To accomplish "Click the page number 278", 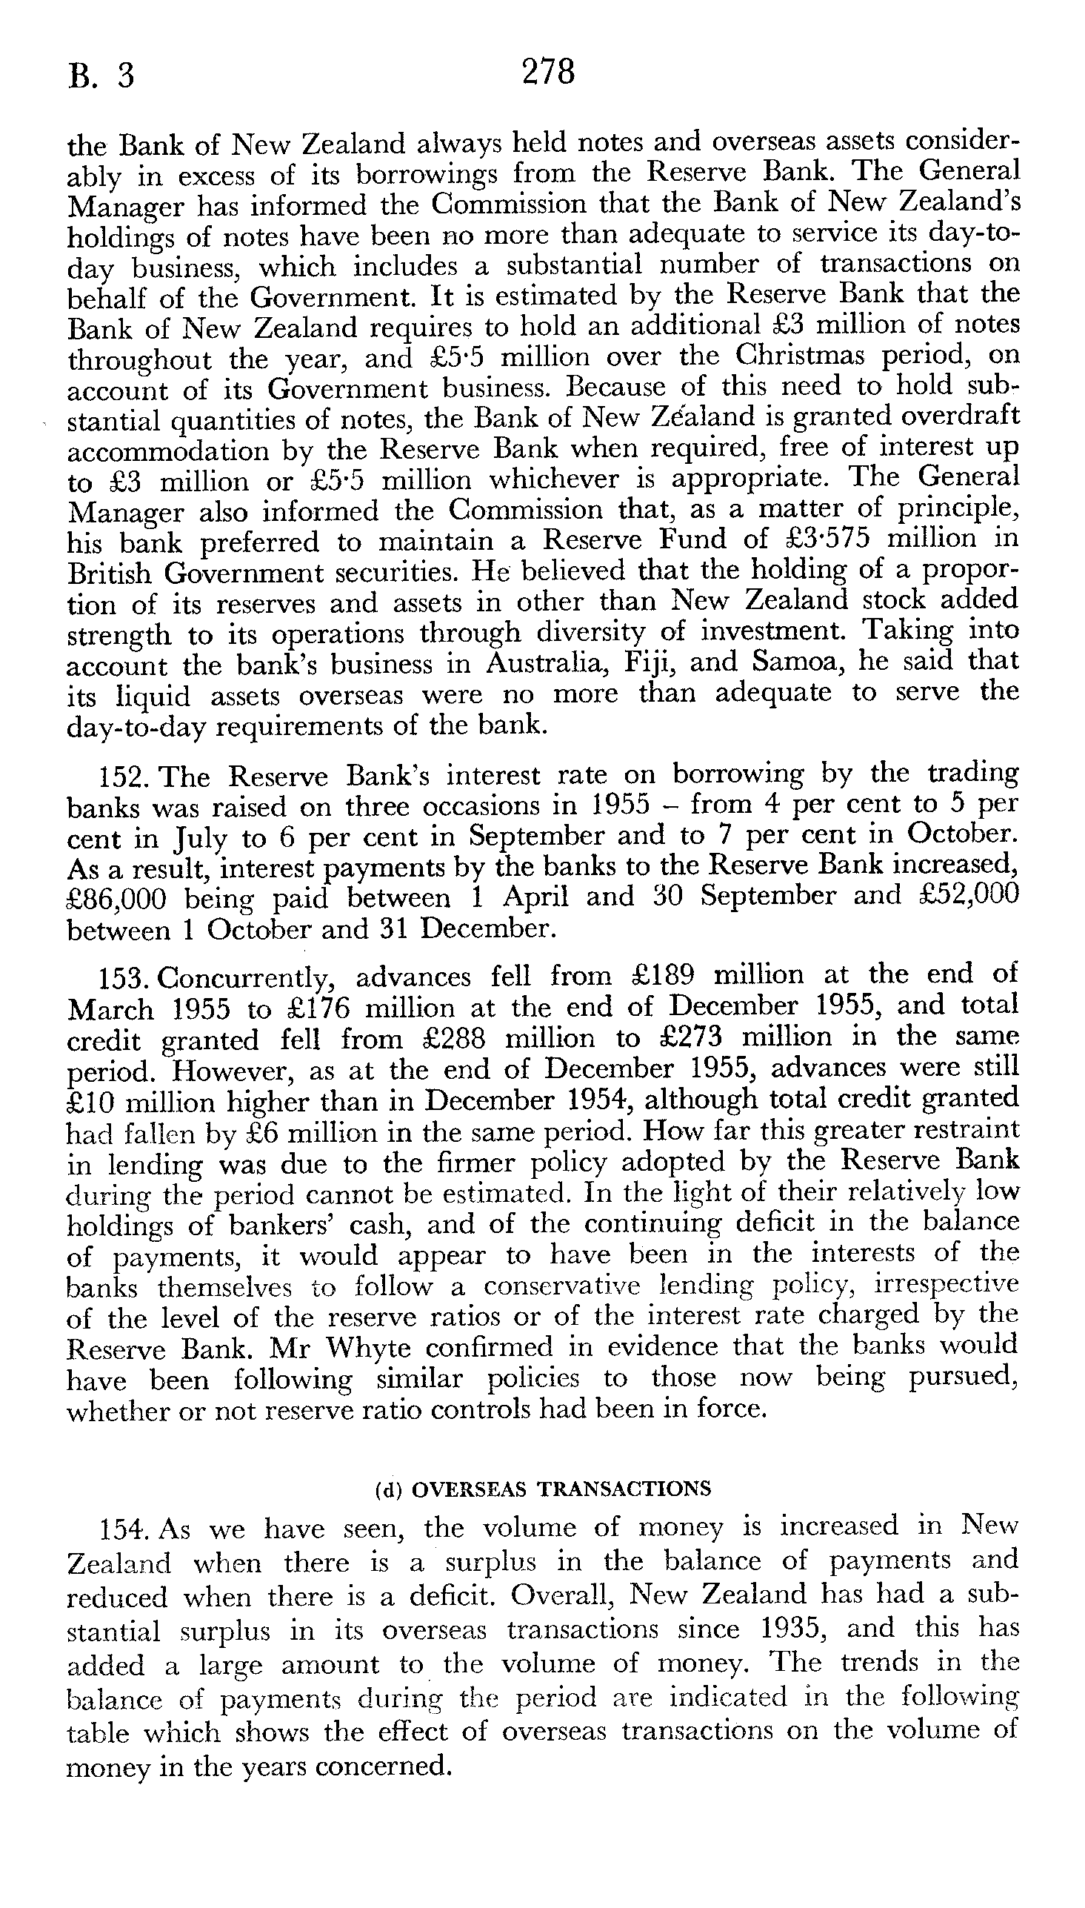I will click(x=549, y=73).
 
